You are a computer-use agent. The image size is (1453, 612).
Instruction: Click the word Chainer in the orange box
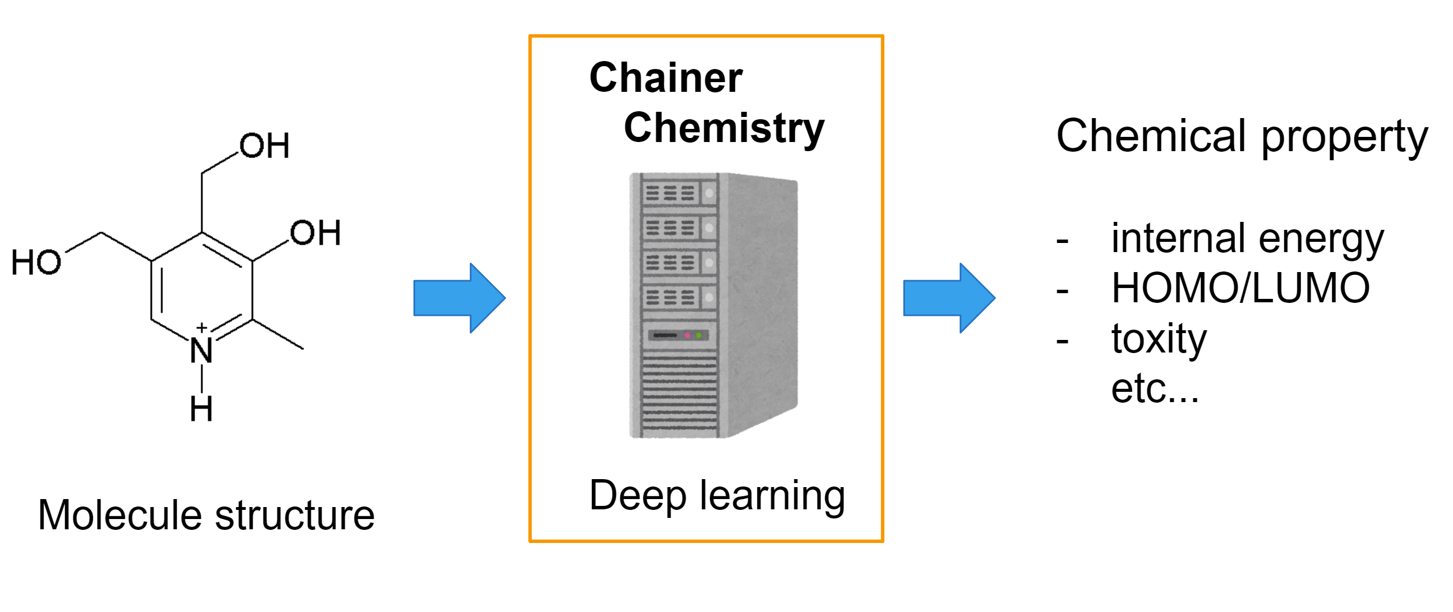pyautogui.click(x=665, y=78)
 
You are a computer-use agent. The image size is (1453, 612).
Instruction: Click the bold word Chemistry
pyautogui.click(x=724, y=128)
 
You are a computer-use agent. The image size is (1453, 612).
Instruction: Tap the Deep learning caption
pyautogui.click(x=717, y=495)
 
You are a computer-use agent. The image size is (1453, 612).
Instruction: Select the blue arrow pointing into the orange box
pyautogui.click(x=458, y=298)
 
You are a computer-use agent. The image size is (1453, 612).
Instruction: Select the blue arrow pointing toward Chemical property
pyautogui.click(x=948, y=298)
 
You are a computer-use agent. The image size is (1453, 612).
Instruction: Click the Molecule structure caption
pyautogui.click(x=206, y=514)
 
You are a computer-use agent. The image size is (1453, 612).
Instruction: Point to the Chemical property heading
pyautogui.click(x=1241, y=136)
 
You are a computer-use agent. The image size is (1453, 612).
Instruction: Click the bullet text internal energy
pyautogui.click(x=1247, y=238)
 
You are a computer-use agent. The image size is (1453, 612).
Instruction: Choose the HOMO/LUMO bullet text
pyautogui.click(x=1240, y=288)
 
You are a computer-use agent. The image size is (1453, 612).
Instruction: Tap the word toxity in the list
pyautogui.click(x=1158, y=338)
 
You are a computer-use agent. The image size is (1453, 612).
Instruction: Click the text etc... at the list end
pyautogui.click(x=1155, y=389)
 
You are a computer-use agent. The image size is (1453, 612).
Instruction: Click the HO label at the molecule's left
pyautogui.click(x=36, y=263)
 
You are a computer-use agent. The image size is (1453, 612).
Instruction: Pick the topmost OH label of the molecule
pyautogui.click(x=265, y=146)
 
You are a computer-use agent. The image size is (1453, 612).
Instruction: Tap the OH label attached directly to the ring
pyautogui.click(x=315, y=233)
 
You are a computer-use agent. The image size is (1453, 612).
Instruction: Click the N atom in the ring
pyautogui.click(x=201, y=350)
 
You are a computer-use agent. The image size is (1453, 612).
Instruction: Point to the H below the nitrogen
pyautogui.click(x=201, y=409)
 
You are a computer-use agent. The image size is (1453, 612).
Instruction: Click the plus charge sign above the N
pyautogui.click(x=201, y=327)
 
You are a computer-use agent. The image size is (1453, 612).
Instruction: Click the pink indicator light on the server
pyautogui.click(x=687, y=335)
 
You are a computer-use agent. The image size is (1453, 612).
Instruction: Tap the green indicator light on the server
pyautogui.click(x=699, y=335)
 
